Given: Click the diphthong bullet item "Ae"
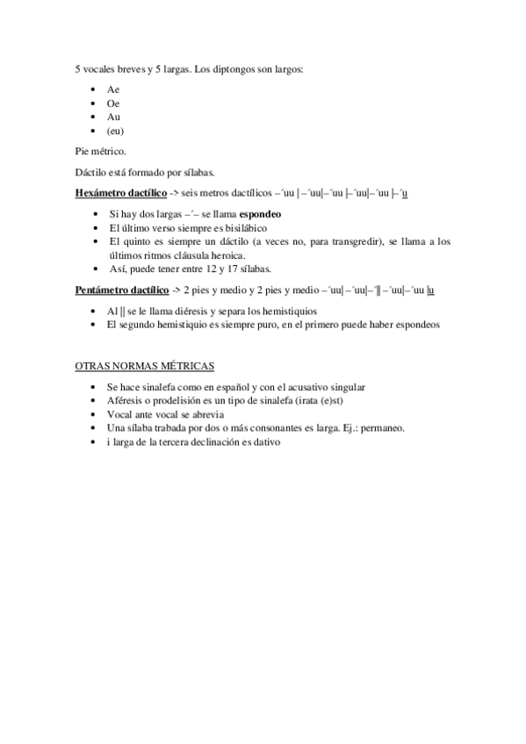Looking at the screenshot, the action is (x=113, y=89).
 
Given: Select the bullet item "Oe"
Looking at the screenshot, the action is (x=113, y=104).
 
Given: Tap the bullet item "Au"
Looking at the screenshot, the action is (x=113, y=118).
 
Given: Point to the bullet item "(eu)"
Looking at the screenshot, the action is (x=115, y=132).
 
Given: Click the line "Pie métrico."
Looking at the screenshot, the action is (x=101, y=152).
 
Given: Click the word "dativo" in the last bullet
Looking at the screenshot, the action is (x=264, y=442).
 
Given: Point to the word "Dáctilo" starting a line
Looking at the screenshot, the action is (x=91, y=172).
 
